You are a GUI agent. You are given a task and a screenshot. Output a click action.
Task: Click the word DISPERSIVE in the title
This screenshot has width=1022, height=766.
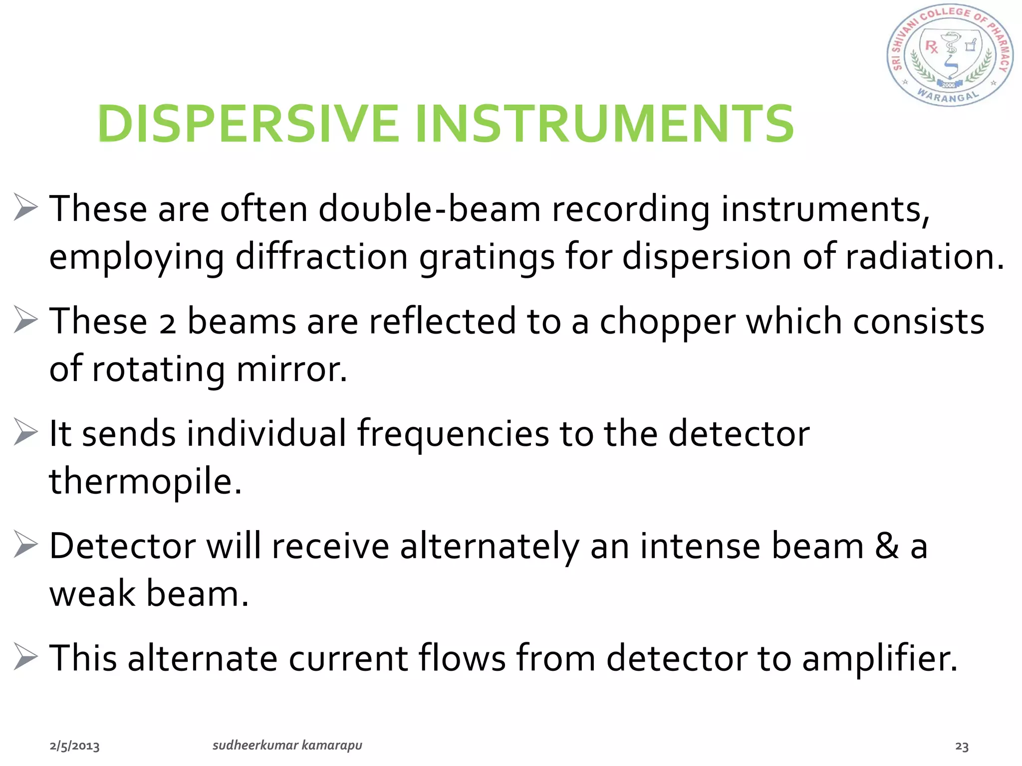[248, 124]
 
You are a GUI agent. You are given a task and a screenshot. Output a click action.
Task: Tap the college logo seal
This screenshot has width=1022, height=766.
[950, 56]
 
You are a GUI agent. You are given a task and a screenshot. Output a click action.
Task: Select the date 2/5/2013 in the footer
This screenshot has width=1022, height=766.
[74, 746]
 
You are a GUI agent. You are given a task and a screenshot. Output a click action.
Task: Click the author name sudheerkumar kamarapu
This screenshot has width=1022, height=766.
[287, 745]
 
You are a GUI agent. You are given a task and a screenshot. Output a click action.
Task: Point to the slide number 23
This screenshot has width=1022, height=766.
[962, 747]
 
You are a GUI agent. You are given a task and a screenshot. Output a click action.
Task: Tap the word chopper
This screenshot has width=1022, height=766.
[667, 322]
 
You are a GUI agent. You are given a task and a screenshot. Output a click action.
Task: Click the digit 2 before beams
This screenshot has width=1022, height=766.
[168, 323]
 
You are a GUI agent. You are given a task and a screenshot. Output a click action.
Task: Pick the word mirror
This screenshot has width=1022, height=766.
[291, 369]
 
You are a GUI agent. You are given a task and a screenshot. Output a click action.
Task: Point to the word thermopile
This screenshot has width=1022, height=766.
[145, 481]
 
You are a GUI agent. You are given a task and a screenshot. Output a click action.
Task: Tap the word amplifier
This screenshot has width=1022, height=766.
[880, 658]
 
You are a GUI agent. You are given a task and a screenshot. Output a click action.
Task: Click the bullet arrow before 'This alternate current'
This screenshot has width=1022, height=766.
[25, 657]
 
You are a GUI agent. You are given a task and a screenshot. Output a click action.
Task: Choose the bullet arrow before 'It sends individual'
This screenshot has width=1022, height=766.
[25, 432]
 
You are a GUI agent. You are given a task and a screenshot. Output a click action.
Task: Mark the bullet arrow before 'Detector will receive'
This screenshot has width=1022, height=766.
[25, 544]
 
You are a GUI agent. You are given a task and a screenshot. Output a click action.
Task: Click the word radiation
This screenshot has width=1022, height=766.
[925, 256]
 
